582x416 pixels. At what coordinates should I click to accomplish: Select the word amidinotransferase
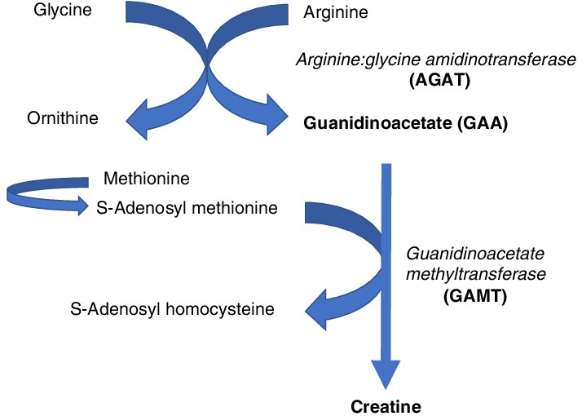[497, 60]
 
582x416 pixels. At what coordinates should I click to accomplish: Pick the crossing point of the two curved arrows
[209, 59]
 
